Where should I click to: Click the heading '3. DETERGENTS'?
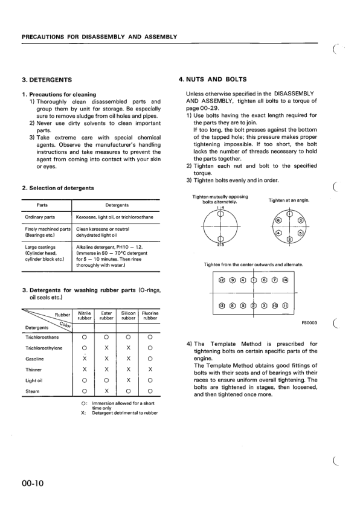pyautogui.click(x=47, y=80)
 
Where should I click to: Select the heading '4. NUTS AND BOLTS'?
pyautogui.click(x=213, y=80)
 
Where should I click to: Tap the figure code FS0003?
pyautogui.click(x=309, y=323)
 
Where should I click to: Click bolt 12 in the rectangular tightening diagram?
pyautogui.click(x=222, y=280)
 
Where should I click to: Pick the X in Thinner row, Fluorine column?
pyautogui.click(x=149, y=369)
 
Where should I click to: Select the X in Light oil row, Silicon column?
pyautogui.click(x=128, y=380)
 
